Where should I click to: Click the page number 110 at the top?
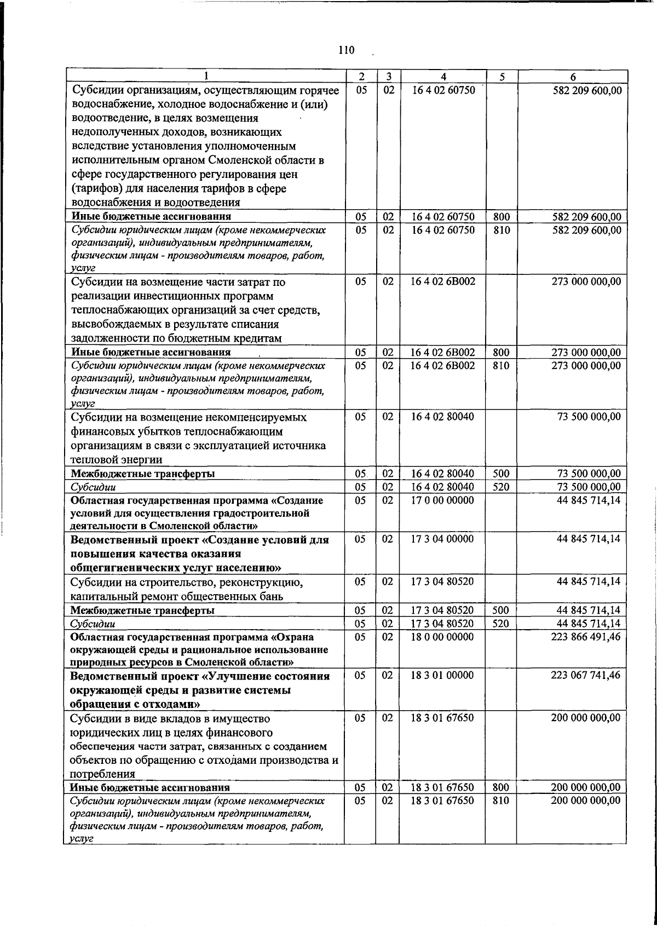pyautogui.click(x=347, y=50)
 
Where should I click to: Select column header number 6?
pyautogui.click(x=573, y=77)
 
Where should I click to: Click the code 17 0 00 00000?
pyautogui.click(x=442, y=500)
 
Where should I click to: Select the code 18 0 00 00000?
pyautogui.click(x=442, y=637)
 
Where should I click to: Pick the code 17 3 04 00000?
pyautogui.click(x=442, y=539)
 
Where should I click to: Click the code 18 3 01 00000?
pyautogui.click(x=442, y=676)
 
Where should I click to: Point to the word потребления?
pyautogui.click(x=103, y=774)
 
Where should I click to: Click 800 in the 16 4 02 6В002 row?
pyautogui.click(x=502, y=352)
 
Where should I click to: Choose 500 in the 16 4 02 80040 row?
pyautogui.click(x=501, y=474)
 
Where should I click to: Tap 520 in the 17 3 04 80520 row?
pyautogui.click(x=501, y=624)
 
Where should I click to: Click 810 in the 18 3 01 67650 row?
pyautogui.click(x=502, y=801)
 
